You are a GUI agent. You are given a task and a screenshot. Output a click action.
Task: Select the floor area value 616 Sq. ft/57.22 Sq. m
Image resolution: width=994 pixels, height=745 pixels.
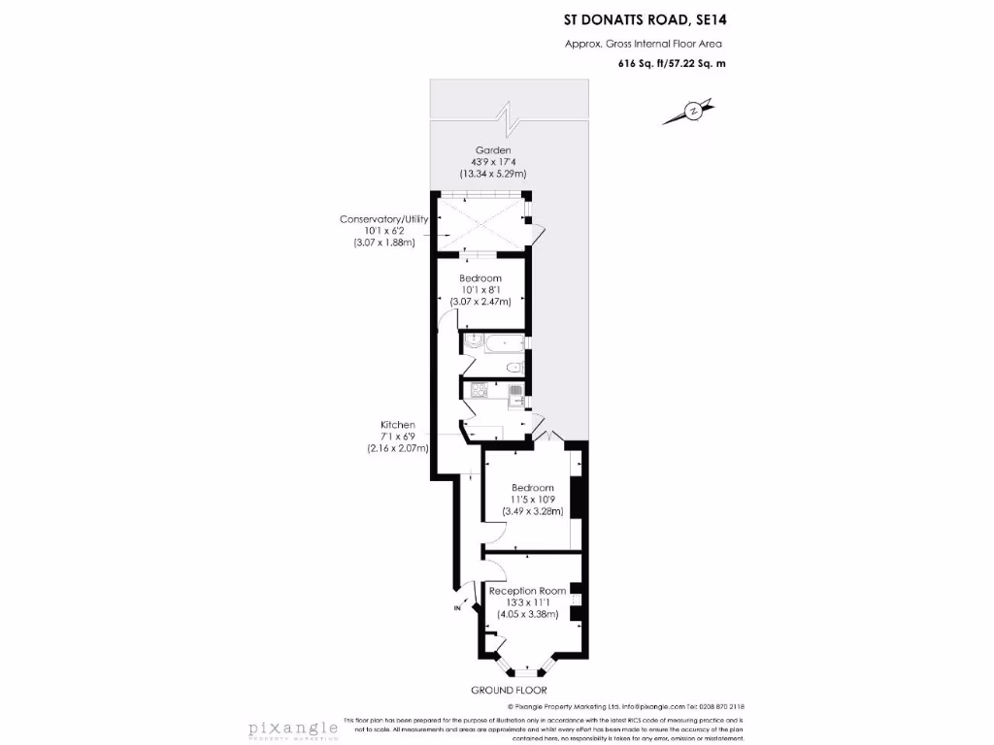(x=672, y=63)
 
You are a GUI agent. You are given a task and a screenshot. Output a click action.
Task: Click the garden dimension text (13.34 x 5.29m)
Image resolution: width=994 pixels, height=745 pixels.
(x=492, y=174)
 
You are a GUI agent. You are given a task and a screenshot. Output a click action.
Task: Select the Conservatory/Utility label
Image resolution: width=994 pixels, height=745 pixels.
(x=383, y=219)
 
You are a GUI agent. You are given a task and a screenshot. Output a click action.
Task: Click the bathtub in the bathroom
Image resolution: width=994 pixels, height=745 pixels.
(x=494, y=341)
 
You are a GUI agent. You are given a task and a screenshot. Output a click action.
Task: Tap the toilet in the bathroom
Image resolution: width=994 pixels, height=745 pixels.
(x=515, y=367)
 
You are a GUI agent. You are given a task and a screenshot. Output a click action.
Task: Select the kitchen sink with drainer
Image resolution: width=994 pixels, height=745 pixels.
(x=515, y=392)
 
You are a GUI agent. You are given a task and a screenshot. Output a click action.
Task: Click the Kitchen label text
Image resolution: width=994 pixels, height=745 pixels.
(x=398, y=425)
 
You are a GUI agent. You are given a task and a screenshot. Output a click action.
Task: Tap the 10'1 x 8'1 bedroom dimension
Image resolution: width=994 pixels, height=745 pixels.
(x=480, y=290)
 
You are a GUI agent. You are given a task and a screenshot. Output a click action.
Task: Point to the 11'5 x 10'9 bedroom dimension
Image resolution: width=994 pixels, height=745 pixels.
(x=533, y=500)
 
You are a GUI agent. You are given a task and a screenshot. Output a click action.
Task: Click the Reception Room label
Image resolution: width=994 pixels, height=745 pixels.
(x=527, y=590)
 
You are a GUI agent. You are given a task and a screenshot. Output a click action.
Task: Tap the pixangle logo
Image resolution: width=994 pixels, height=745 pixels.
(x=292, y=727)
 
